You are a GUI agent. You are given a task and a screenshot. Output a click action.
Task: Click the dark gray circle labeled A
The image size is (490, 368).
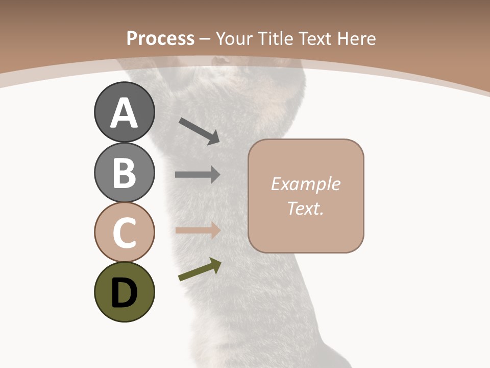(124, 112)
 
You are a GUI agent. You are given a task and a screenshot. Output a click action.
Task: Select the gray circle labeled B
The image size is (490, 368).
(124, 172)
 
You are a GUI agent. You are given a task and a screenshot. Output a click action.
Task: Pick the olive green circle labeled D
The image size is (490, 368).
(124, 292)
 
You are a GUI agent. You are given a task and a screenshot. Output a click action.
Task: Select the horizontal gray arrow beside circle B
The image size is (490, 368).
(198, 174)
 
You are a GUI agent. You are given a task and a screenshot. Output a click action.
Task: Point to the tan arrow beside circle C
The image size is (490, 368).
(198, 230)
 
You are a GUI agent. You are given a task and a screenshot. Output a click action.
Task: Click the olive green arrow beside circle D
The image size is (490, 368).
(199, 270)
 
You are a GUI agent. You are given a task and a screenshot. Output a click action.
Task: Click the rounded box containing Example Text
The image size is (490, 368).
(306, 196)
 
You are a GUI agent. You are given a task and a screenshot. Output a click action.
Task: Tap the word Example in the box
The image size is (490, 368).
(306, 184)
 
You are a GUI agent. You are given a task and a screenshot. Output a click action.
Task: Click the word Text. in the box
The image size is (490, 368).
(306, 209)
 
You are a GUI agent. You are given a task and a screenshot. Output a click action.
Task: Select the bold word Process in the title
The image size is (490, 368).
(160, 38)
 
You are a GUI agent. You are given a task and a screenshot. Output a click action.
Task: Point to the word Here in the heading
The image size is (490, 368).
(356, 38)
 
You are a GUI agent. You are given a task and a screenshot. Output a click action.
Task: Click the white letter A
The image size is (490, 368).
(124, 113)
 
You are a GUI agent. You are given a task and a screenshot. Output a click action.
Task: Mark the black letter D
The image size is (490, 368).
(124, 293)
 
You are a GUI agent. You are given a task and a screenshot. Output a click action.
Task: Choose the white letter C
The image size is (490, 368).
(124, 233)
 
